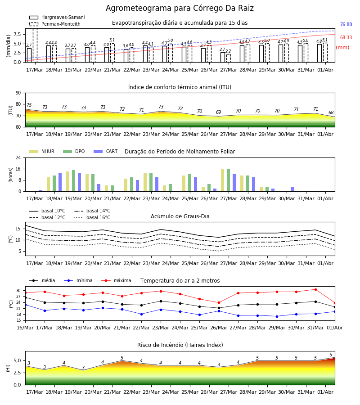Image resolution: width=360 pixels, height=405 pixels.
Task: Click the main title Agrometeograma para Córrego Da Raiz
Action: [180, 8]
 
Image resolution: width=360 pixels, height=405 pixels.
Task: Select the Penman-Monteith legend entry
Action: [55, 24]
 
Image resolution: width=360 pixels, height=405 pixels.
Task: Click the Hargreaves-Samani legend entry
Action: [57, 17]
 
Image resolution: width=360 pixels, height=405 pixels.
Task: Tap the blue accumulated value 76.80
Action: [346, 25]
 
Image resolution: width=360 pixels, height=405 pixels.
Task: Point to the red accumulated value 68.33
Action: [346, 37]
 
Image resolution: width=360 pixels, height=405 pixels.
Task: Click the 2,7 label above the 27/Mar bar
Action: [222, 49]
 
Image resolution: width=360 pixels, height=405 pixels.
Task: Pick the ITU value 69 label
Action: [219, 112]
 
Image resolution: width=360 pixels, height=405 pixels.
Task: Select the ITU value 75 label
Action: [29, 105]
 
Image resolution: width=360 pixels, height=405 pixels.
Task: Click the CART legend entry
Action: [106, 151]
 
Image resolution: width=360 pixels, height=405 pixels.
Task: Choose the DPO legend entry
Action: [74, 151]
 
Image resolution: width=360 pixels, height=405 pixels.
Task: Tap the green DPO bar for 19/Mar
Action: [74, 181]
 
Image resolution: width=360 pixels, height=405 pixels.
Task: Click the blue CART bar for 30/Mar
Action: [292, 189]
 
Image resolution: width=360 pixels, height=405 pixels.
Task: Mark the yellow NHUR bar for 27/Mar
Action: [223, 180]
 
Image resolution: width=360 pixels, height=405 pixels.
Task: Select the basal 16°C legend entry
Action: [92, 217]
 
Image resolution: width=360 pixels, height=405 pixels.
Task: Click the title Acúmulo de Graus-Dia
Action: [180, 216]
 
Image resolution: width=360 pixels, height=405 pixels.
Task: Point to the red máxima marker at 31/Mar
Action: [315, 289]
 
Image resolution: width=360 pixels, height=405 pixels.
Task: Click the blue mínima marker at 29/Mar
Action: [277, 316]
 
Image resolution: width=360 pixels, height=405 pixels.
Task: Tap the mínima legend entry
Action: [78, 280]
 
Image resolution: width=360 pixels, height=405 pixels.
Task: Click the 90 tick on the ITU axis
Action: [18, 93]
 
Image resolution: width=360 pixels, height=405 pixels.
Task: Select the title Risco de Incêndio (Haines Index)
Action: [180, 345]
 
